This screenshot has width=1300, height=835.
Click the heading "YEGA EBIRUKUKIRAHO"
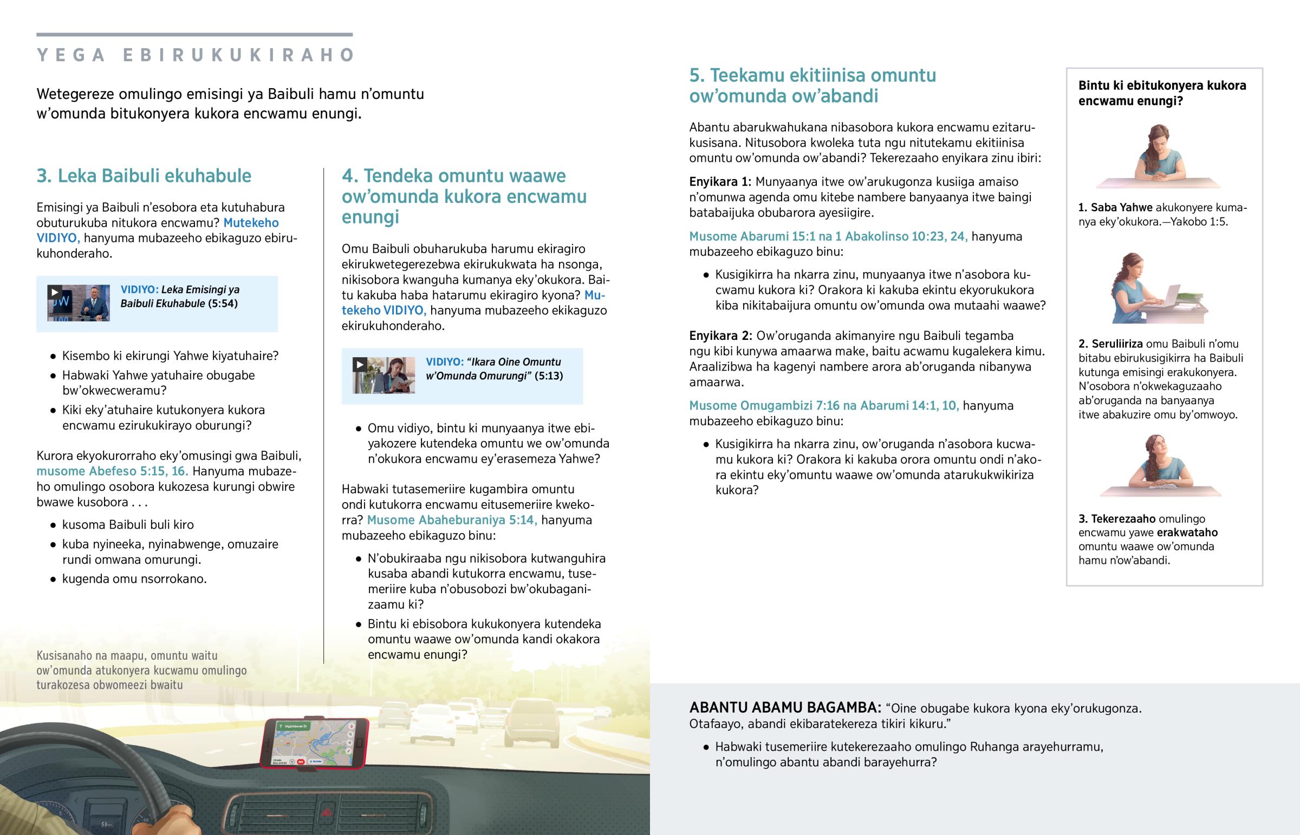coord(196,55)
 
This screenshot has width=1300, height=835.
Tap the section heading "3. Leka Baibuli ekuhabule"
coord(144,176)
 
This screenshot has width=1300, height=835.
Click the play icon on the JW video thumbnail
coord(54,292)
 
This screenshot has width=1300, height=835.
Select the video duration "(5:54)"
coord(223,304)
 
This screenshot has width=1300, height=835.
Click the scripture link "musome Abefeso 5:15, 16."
coord(112,471)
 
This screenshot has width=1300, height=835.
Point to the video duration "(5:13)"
coord(548,376)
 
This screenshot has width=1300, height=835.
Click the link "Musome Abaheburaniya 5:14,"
coord(452,520)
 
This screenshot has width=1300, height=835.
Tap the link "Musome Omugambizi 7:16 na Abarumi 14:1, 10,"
coord(824,405)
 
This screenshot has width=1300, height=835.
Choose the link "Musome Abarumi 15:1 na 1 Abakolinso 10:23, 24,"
coord(828,236)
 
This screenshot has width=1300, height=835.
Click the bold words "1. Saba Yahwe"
coord(1115,208)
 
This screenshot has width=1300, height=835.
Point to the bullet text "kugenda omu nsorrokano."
coord(134,579)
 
